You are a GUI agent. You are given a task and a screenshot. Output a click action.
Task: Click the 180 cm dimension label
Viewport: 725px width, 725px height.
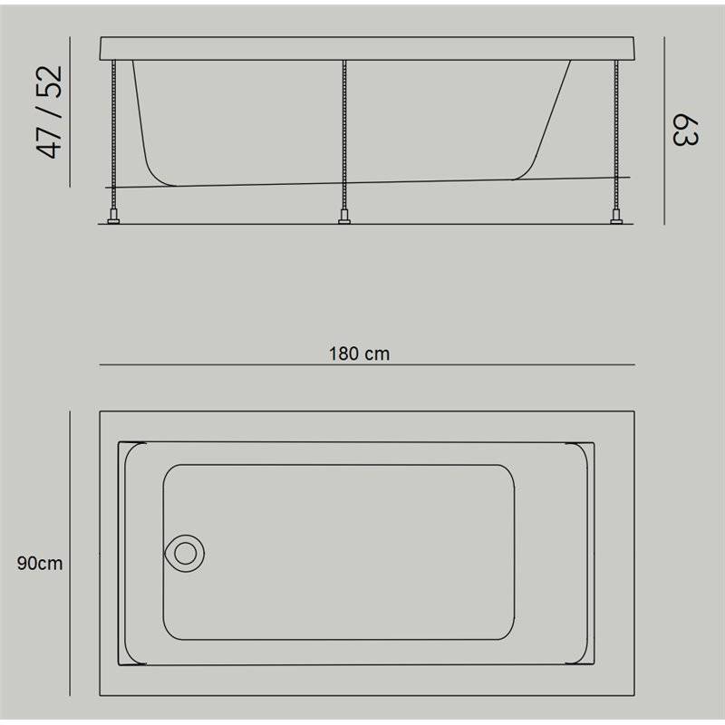coord(359,353)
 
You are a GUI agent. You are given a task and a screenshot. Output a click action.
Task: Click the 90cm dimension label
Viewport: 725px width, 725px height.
coord(40,563)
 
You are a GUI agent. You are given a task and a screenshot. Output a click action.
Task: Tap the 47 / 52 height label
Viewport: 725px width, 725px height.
coord(49,111)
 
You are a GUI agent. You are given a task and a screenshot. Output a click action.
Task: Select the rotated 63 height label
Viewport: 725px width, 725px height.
coord(684,130)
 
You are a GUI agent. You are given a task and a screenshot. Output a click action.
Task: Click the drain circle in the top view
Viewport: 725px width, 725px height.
coord(186,554)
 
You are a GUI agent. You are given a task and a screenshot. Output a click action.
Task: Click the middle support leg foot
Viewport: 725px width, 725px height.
coord(344,217)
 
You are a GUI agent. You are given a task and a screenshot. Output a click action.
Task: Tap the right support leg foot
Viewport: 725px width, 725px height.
coord(616,217)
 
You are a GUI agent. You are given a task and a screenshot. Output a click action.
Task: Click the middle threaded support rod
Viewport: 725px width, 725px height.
coord(344,135)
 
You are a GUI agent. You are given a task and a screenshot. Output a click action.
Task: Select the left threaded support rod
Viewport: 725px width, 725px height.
coord(113,135)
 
